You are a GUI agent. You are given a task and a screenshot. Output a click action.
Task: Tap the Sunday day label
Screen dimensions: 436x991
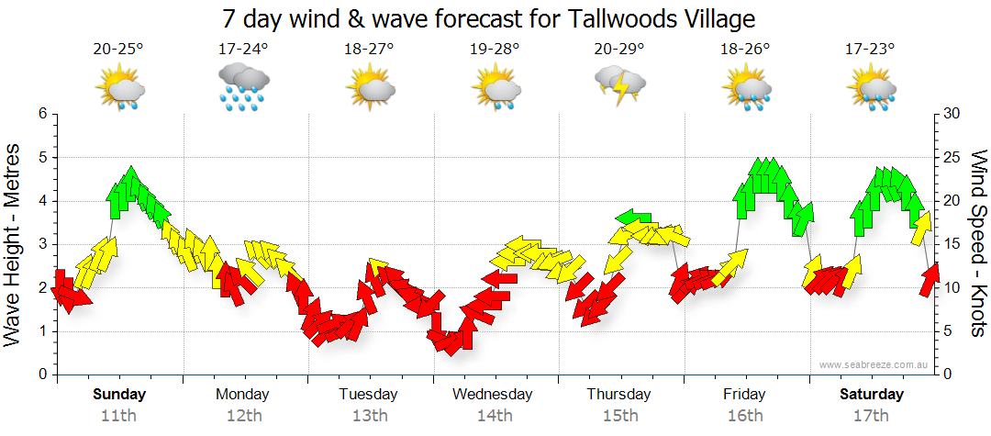tap(119, 395)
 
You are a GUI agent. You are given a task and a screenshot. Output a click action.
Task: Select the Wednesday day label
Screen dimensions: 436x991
tap(493, 395)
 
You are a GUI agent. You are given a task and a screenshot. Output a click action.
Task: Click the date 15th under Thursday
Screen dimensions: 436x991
tap(619, 415)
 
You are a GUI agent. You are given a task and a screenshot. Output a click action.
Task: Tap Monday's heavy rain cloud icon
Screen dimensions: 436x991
tap(243, 87)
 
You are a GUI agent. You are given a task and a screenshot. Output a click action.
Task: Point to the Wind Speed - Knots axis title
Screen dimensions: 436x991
tap(977, 243)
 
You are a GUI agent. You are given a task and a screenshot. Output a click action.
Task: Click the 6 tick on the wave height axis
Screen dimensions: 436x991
tap(42, 114)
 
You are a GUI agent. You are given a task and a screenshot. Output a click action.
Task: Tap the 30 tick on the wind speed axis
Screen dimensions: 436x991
tap(952, 114)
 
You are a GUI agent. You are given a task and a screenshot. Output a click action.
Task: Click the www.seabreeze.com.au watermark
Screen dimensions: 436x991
tap(875, 364)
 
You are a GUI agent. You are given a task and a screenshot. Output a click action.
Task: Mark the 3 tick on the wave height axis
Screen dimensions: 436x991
tap(42, 245)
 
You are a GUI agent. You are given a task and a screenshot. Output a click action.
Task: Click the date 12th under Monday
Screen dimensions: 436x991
tap(243, 415)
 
